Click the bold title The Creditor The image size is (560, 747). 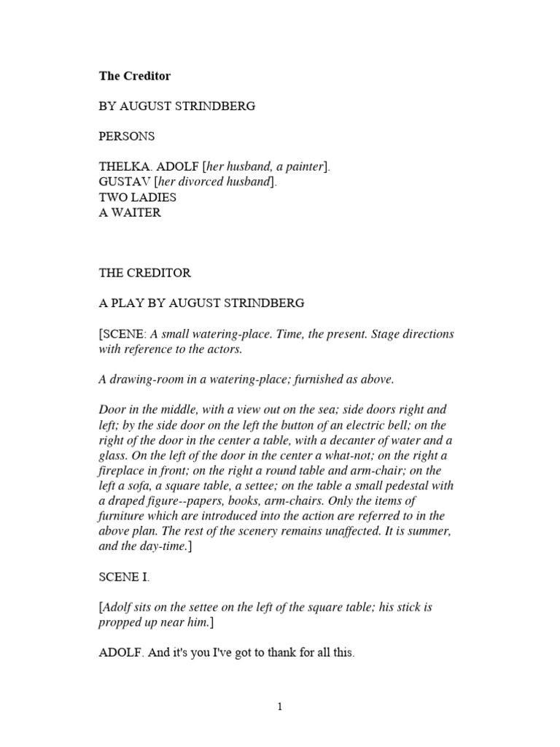135,76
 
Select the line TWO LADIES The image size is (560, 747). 137,197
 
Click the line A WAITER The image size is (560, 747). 129,212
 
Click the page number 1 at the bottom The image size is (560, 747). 279,707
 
